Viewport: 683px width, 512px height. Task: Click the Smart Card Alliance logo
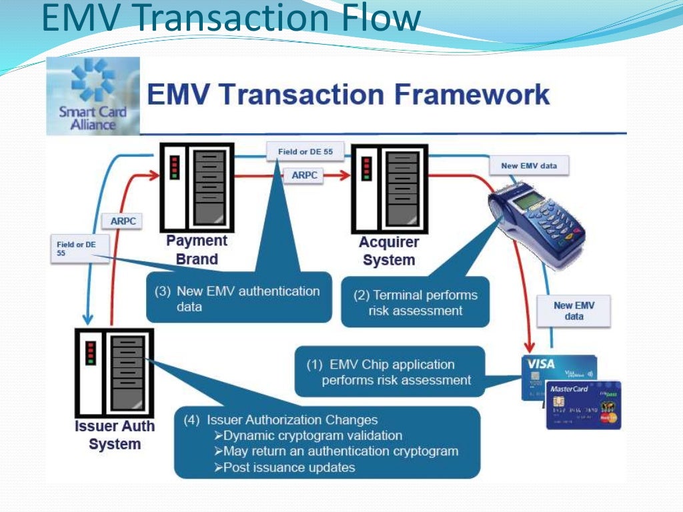pos(93,96)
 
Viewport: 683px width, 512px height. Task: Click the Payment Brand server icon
pos(196,187)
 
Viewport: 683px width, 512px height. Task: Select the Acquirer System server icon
pos(389,187)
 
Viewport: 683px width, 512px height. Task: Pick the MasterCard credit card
pos(583,405)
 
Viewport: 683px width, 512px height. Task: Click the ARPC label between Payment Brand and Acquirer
pos(304,175)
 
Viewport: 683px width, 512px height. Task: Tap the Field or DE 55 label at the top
pos(305,152)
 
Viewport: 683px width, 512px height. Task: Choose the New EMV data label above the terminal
pos(529,165)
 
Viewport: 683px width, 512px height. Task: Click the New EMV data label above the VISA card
pos(574,311)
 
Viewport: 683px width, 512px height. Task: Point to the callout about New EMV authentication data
pos(239,298)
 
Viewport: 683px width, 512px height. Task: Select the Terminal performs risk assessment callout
pos(415,303)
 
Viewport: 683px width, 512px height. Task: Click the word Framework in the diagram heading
pos(474,94)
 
